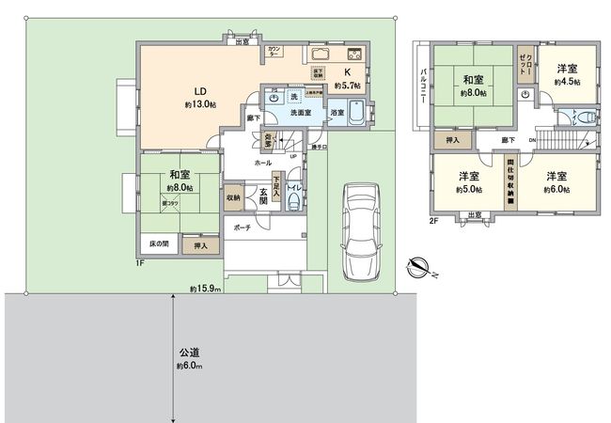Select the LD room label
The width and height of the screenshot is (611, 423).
pyautogui.click(x=200, y=91)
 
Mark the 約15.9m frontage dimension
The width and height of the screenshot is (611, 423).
pyautogui.click(x=204, y=289)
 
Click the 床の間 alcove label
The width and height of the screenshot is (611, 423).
pyautogui.click(x=159, y=244)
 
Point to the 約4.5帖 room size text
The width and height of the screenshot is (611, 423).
pyautogui.click(x=567, y=83)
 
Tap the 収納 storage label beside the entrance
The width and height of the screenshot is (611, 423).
pyautogui.click(x=233, y=197)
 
